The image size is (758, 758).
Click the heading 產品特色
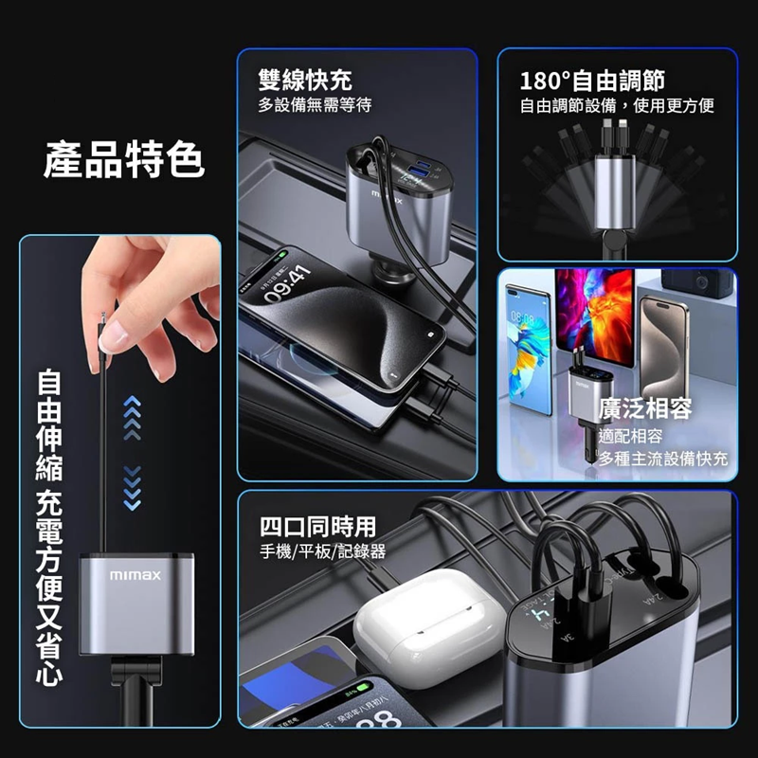(124, 160)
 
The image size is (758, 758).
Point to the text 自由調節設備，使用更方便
(617, 105)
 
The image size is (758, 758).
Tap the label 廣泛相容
(646, 408)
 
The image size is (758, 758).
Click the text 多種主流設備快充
(663, 460)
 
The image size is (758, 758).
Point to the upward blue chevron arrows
(133, 418)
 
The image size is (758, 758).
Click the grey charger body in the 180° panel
(614, 193)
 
